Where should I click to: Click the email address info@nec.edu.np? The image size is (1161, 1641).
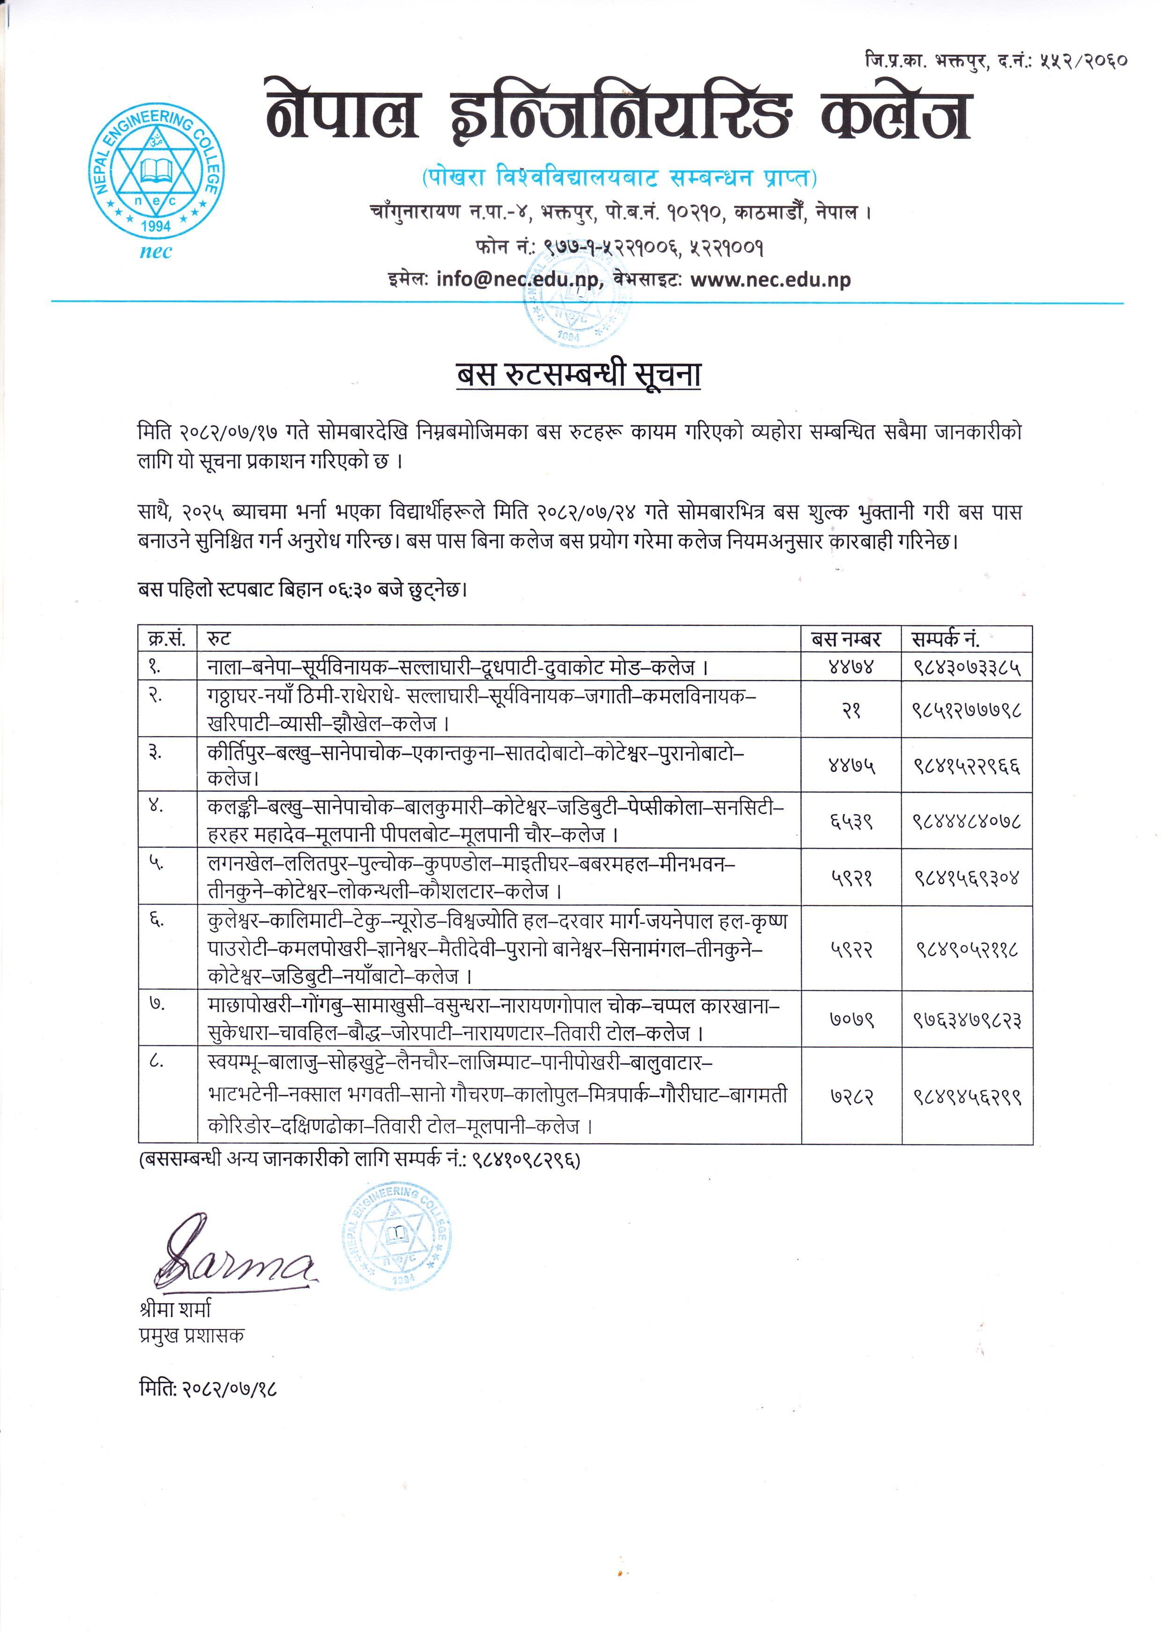(518, 279)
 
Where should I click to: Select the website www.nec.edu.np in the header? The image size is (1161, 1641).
(770, 279)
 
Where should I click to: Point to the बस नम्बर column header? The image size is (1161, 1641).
(846, 638)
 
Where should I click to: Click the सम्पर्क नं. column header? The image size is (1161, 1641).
(945, 638)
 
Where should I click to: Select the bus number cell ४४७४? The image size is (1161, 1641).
(851, 668)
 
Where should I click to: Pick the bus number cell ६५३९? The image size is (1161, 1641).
(851, 821)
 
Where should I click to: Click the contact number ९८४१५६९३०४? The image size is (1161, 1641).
(967, 878)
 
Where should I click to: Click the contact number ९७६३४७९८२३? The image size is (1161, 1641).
(967, 1019)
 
